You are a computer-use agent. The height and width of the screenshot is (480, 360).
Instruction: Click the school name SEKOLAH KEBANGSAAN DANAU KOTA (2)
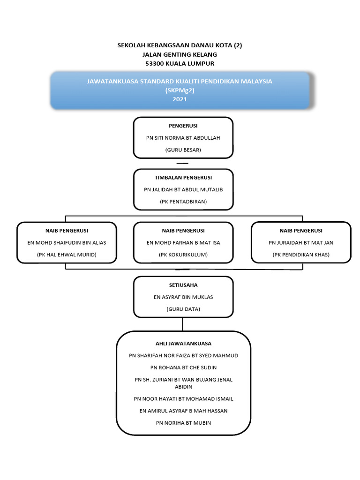(180, 45)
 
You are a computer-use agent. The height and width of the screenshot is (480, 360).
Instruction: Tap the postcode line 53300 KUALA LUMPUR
(180, 63)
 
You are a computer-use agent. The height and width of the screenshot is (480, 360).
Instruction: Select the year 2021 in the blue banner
(180, 99)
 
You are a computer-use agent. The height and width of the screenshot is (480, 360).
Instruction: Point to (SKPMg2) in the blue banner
(180, 90)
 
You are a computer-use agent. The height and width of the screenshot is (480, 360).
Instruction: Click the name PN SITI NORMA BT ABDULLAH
(183, 138)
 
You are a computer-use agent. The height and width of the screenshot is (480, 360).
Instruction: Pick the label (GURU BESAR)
(183, 150)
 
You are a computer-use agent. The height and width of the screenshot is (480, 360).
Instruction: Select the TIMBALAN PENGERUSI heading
(183, 178)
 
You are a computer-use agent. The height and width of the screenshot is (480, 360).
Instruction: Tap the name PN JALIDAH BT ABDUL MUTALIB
(183, 189)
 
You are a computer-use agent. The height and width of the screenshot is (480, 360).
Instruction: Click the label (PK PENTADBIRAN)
(183, 202)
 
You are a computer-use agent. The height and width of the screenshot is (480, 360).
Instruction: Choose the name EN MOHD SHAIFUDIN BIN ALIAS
(67, 243)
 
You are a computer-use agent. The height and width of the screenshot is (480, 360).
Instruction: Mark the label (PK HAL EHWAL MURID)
(67, 255)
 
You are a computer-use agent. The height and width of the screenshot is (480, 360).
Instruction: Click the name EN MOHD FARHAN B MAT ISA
(183, 243)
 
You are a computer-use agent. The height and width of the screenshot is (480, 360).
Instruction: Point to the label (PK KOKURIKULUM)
(183, 255)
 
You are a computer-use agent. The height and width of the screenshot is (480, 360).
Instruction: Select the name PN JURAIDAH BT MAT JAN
(301, 243)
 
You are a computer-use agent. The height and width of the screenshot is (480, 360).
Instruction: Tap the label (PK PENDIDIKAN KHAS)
(301, 255)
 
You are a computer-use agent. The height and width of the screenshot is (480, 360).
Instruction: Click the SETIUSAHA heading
(183, 285)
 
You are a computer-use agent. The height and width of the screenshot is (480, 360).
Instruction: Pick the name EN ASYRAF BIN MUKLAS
(183, 297)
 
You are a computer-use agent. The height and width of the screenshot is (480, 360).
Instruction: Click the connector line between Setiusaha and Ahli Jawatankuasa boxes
(183, 324)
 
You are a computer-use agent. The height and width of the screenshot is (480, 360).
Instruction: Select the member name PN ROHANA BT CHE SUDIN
(183, 367)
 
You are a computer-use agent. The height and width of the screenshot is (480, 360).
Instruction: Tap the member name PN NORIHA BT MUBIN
(183, 423)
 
